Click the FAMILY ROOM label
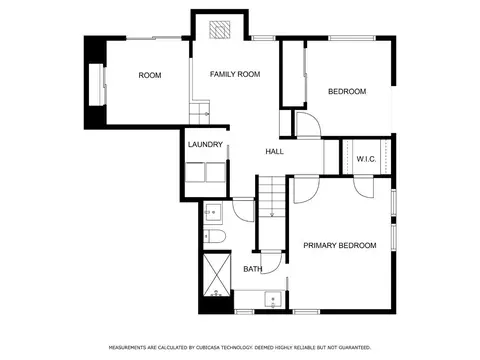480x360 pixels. click(x=235, y=74)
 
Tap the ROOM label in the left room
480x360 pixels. click(x=150, y=75)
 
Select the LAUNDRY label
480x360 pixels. click(x=205, y=145)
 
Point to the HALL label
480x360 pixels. click(x=275, y=152)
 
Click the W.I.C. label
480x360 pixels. click(x=366, y=159)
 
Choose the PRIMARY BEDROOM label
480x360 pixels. click(x=340, y=246)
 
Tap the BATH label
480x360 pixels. click(x=253, y=269)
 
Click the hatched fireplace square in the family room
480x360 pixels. click(x=220, y=29)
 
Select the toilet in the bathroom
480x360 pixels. click(x=214, y=236)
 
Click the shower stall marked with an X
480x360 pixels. click(x=217, y=275)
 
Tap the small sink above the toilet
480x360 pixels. click(x=213, y=212)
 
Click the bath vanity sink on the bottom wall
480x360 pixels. click(x=273, y=300)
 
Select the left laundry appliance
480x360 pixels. click(x=195, y=172)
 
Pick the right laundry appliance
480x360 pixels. click(x=216, y=172)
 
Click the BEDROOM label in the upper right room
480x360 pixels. click(x=347, y=91)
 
